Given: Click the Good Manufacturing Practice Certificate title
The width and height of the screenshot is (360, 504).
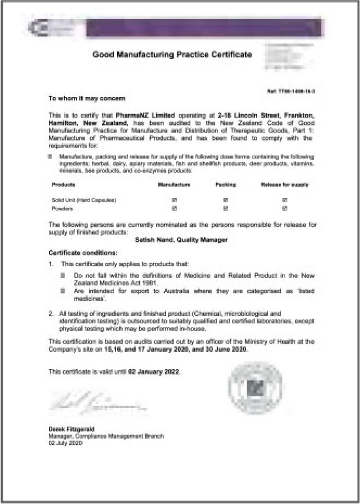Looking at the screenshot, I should click(172, 54).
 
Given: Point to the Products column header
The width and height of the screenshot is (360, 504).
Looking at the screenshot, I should click(64, 185).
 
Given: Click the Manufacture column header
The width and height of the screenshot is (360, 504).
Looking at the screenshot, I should click(174, 185).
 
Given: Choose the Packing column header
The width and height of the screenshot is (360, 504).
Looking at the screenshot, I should click(226, 185).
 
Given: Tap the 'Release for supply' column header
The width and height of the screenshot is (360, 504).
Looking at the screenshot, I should click(285, 185).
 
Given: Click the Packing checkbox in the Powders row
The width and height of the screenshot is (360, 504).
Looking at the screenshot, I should click(226, 208).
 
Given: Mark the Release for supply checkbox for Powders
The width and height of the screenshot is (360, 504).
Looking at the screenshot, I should click(285, 208).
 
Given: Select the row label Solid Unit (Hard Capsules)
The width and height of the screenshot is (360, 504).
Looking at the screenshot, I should click(83, 200).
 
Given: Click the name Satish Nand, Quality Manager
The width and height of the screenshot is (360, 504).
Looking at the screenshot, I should click(181, 240).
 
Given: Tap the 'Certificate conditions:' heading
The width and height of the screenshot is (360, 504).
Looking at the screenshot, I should click(83, 252).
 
